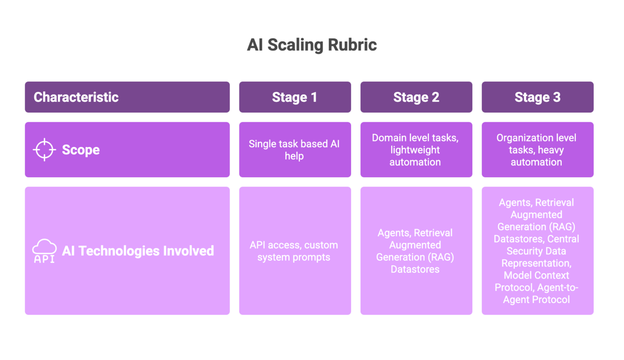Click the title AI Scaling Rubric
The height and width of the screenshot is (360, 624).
tap(312, 45)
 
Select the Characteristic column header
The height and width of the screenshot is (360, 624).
tap(76, 97)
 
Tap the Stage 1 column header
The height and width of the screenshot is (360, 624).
tap(295, 97)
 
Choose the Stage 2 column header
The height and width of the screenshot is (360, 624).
tap(416, 97)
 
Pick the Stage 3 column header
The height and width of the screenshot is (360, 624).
tap(537, 97)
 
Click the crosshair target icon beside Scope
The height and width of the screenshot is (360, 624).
tap(44, 150)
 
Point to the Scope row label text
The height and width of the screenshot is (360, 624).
tap(81, 150)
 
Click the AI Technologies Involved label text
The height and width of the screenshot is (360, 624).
tap(138, 251)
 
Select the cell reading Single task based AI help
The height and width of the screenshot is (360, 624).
tap(294, 150)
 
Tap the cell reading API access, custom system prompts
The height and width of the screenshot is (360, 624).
tap(294, 251)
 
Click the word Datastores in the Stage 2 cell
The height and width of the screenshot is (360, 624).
tap(415, 269)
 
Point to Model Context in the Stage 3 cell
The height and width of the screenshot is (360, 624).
tap(536, 275)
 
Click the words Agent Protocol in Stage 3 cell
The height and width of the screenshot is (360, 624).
tap(536, 300)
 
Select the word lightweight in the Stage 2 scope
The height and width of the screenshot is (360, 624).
tap(415, 150)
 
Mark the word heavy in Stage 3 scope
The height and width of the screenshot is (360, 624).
tap(551, 150)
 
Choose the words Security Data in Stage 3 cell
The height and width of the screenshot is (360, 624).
tap(536, 251)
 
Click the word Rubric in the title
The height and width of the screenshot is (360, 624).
tap(352, 45)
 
